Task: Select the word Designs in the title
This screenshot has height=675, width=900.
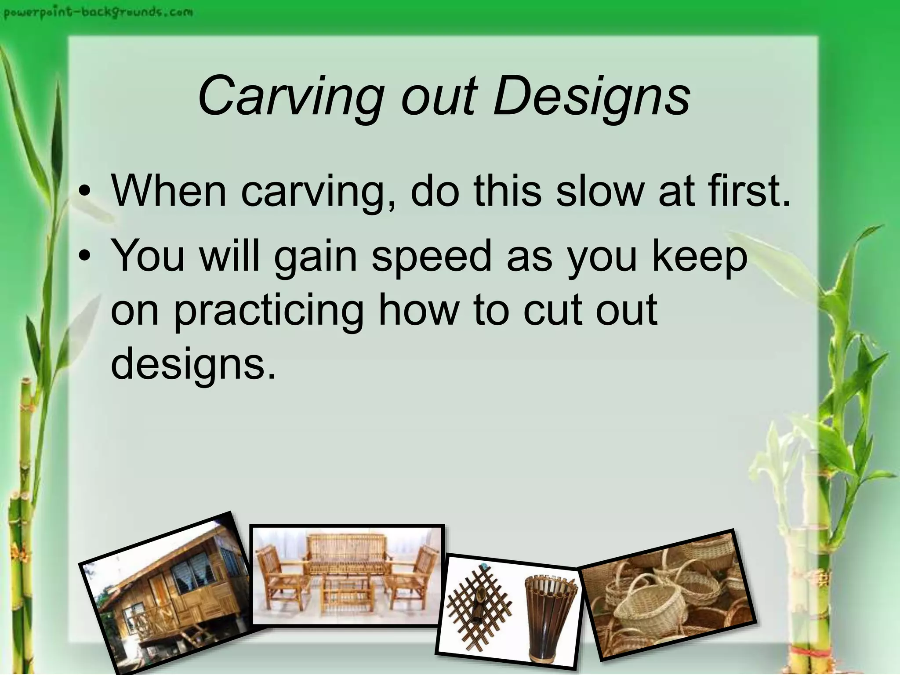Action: pos(591,97)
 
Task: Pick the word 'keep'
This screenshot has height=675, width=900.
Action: pos(699,257)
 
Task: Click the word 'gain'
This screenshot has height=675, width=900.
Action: pos(316,257)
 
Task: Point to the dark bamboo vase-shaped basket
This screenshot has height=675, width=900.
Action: pos(549,615)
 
